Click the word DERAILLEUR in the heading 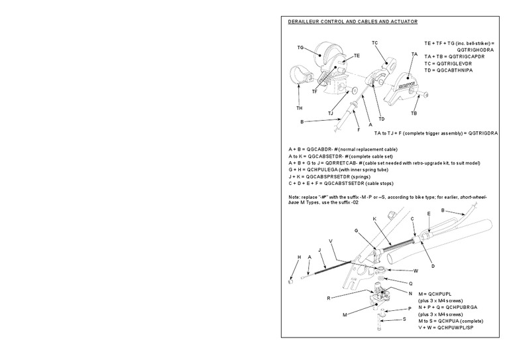304,22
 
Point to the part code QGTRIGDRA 482,133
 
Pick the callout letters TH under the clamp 300,107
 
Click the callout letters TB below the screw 414,113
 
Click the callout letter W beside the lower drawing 416,270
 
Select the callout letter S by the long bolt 404,320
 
